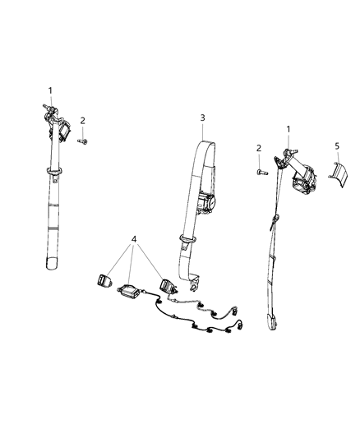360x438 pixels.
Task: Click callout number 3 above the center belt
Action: click(x=202, y=118)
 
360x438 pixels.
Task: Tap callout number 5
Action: click(x=337, y=145)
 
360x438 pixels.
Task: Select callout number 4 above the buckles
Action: click(x=134, y=239)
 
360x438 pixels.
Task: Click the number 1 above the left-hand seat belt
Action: click(x=50, y=90)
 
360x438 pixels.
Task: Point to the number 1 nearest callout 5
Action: click(x=288, y=129)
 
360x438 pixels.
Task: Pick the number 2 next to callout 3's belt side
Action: click(x=259, y=148)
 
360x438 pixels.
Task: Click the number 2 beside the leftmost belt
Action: click(x=82, y=121)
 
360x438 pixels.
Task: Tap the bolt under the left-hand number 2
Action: click(x=82, y=141)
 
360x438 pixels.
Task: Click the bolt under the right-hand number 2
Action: click(x=262, y=172)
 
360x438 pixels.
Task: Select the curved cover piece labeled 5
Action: click(x=338, y=173)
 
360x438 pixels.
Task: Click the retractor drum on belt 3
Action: click(x=206, y=202)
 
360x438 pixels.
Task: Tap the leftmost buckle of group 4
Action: click(x=104, y=279)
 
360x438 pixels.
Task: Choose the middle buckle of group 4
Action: click(x=128, y=291)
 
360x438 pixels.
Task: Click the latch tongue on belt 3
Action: click(x=187, y=242)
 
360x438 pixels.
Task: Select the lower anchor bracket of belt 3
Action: click(x=193, y=284)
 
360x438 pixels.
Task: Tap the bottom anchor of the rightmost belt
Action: click(x=272, y=323)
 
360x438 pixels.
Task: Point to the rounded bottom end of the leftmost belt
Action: click(x=52, y=264)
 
